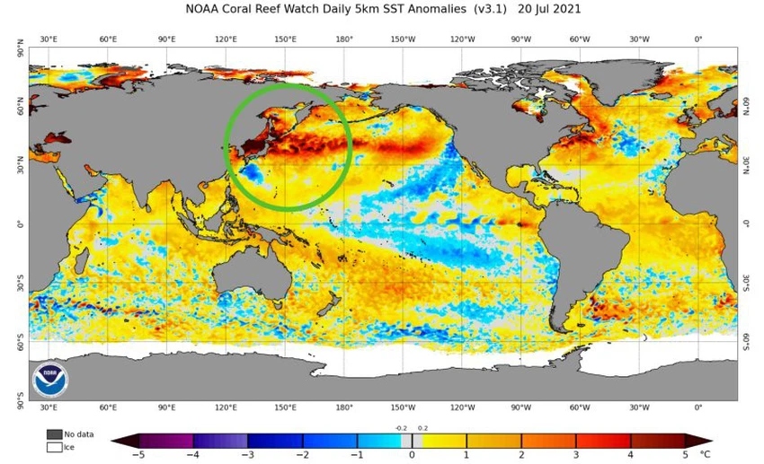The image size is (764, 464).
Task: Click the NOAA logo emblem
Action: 50,380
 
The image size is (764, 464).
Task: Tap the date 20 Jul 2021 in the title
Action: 550,10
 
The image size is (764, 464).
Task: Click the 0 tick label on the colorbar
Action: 412,455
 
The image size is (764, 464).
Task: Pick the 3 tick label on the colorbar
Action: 576,455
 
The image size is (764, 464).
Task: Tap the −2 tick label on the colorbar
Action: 301,455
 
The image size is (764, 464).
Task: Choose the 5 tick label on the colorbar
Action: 686,455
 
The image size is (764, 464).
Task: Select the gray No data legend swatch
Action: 54,434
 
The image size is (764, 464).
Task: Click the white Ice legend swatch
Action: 54,446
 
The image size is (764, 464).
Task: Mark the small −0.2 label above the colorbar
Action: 401,428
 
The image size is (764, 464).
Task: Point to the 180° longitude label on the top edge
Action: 344,39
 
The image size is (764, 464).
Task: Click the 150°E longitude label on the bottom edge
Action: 286,407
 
